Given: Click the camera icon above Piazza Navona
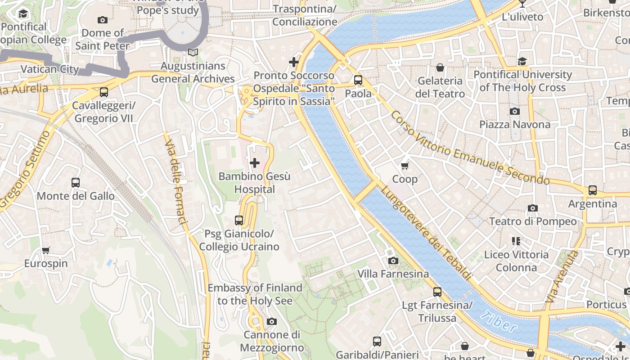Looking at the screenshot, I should point(514,111).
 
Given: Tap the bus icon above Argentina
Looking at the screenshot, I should point(592,190).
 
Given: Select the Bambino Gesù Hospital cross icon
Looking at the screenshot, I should point(255,163).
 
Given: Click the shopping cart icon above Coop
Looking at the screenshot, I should point(405,166).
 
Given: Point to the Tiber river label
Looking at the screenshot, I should point(499,322).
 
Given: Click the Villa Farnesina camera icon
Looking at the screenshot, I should point(393,261).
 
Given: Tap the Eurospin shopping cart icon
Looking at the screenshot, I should point(45,250).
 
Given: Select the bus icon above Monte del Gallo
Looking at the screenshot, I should point(76,183).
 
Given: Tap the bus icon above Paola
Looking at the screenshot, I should point(358,80).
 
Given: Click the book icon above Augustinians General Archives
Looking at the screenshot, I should point(193,53).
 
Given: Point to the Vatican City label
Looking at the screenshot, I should point(49,69).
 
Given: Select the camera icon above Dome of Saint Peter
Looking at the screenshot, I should point(103,20).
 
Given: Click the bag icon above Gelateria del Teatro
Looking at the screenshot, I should point(440,67).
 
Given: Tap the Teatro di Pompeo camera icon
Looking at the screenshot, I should point(533,208).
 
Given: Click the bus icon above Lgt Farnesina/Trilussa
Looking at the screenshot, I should point(437,292).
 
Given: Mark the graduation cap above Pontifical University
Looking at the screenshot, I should point(522,61).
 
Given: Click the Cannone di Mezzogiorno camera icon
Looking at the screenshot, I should point(271,321).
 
